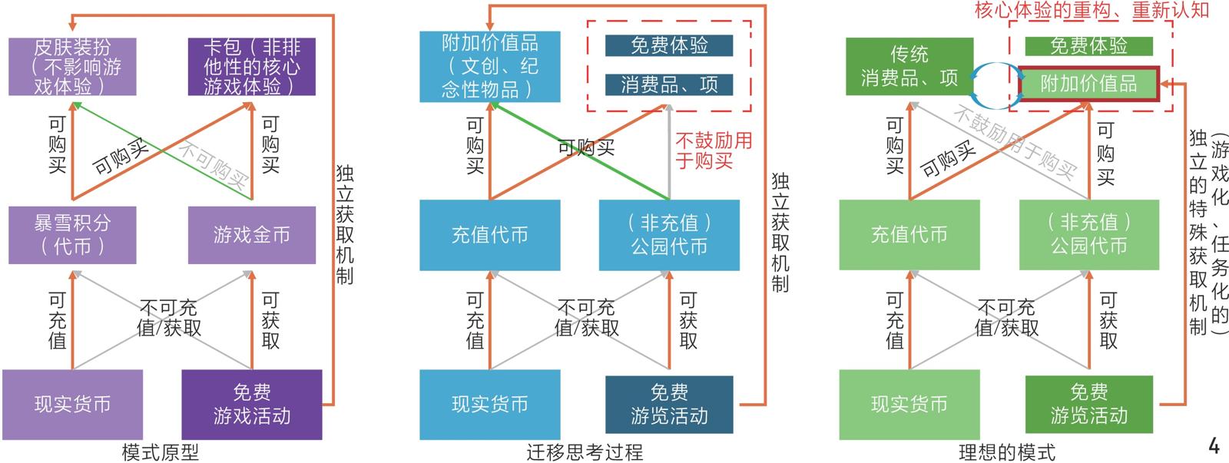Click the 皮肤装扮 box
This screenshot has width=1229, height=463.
click(x=72, y=67)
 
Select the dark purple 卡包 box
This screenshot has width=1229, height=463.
click(x=251, y=67)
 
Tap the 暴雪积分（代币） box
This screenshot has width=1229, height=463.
click(x=72, y=235)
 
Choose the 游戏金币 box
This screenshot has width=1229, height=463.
click(x=251, y=235)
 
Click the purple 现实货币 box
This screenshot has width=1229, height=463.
click(x=72, y=404)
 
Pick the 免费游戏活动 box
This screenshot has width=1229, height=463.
click(x=251, y=404)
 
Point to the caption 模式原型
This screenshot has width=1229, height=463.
click(x=161, y=452)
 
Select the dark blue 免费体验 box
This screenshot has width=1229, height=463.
click(x=668, y=46)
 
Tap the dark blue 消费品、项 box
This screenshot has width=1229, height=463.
click(x=668, y=84)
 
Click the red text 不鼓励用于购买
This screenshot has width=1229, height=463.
click(x=714, y=150)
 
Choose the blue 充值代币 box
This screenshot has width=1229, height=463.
click(x=489, y=235)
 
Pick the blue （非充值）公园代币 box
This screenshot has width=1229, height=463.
click(x=668, y=235)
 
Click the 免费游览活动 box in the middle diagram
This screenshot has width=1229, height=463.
click(x=668, y=404)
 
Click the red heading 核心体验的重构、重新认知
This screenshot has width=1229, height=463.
click(x=1092, y=10)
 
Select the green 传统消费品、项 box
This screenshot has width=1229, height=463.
click(x=909, y=67)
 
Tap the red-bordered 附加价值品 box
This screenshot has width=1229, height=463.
click(x=1088, y=84)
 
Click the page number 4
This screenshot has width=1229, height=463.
click(x=1214, y=445)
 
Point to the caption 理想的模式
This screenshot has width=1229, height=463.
click(x=1006, y=452)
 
